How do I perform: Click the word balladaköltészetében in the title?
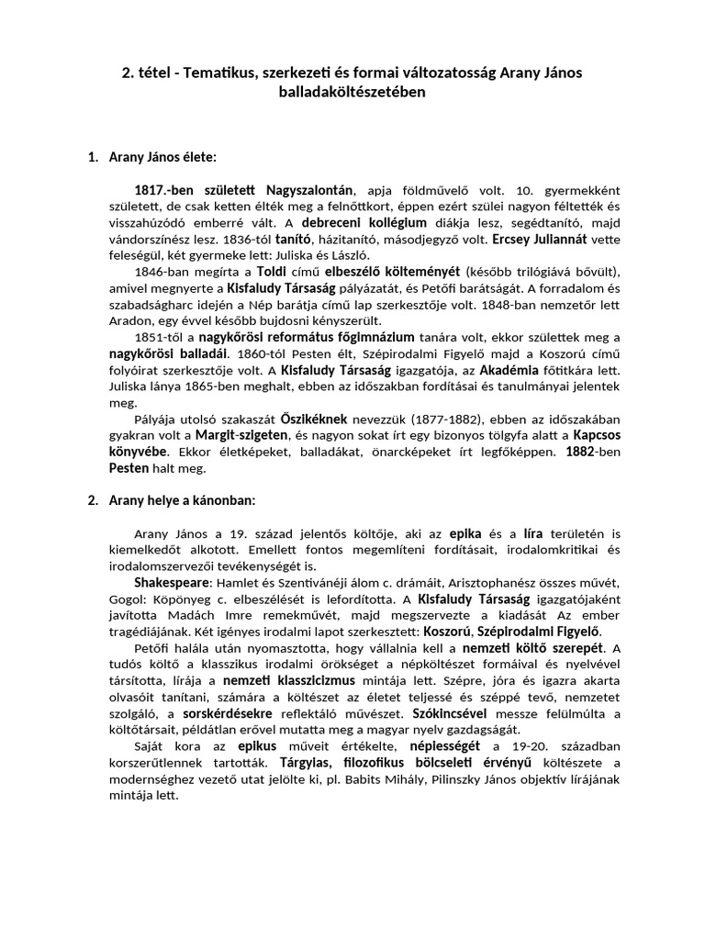click(x=352, y=92)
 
